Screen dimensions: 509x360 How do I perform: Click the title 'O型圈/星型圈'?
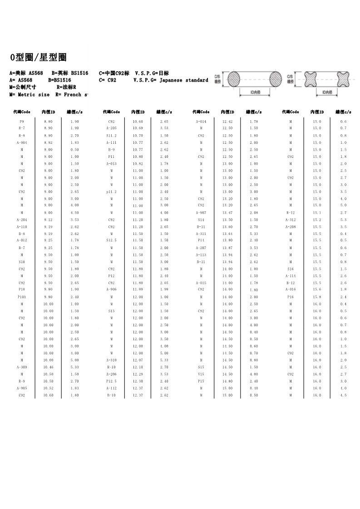click(x=39, y=58)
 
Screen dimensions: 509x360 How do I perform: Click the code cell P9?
click(x=22, y=122)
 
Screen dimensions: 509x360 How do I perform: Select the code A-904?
click(x=22, y=142)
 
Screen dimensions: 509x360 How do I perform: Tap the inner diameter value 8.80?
click(x=48, y=122)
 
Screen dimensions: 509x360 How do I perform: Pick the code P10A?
click(x=22, y=297)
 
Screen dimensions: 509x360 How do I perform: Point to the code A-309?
click(x=22, y=367)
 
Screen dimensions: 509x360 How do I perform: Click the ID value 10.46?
click(x=48, y=367)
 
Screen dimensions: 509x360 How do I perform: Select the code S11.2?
click(x=111, y=136)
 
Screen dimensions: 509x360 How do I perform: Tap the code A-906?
click(x=111, y=290)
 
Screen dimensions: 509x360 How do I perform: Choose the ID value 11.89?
click(x=138, y=290)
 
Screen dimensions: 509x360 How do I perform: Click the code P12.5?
click(x=111, y=381)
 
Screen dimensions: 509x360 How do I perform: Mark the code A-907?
click(x=201, y=213)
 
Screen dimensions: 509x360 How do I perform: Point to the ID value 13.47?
click(x=227, y=213)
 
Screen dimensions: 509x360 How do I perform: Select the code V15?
click(x=201, y=374)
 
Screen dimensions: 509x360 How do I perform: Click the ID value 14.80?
click(x=227, y=381)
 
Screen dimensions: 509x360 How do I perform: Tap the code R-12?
click(x=291, y=213)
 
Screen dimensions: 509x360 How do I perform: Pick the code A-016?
click(x=291, y=290)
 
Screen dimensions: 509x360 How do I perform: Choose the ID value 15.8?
click(x=317, y=297)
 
